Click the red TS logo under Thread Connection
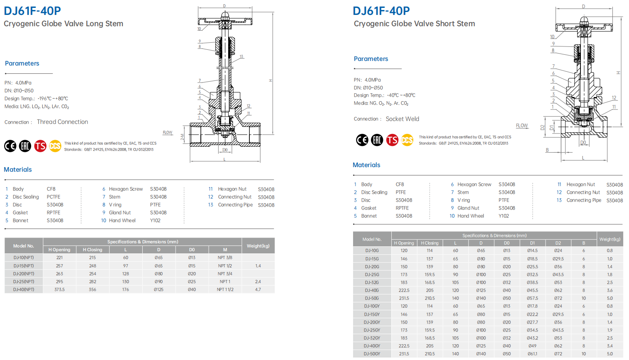click(x=40, y=146)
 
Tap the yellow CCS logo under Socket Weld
click(x=407, y=140)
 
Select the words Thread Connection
click(x=62, y=122)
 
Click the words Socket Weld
click(x=402, y=119)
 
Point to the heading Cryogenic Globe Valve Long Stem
click(x=63, y=24)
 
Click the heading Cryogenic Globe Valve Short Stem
click(x=414, y=24)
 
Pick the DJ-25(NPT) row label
click(x=24, y=282)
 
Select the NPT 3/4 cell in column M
click(x=225, y=274)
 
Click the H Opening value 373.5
click(x=59, y=289)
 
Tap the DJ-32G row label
click(x=372, y=282)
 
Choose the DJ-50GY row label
click(x=372, y=354)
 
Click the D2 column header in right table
click(x=558, y=243)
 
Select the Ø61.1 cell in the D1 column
click(x=532, y=354)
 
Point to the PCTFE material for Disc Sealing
click(x=54, y=197)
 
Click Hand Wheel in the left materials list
click(x=122, y=221)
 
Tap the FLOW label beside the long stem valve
click(x=168, y=133)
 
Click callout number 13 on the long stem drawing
click(x=241, y=57)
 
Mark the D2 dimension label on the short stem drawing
click(x=542, y=128)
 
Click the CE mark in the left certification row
click(x=10, y=146)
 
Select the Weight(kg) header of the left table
click(x=258, y=246)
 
